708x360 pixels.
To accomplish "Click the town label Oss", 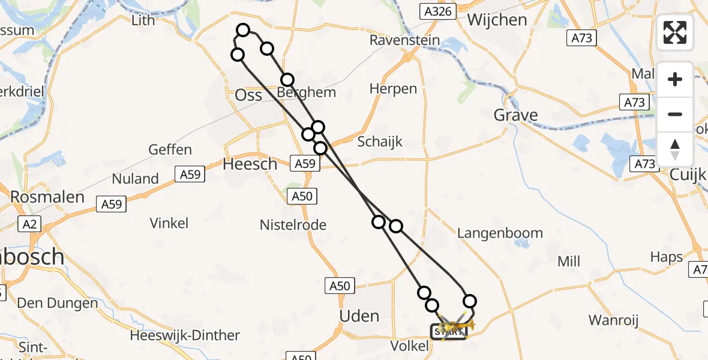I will click(x=248, y=95).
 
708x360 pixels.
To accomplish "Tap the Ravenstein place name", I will click(x=404, y=40).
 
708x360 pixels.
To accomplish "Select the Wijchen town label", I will click(x=497, y=20).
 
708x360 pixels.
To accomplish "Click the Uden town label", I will click(x=359, y=316).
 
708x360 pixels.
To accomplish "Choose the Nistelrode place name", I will click(x=293, y=225).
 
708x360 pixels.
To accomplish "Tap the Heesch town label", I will click(x=250, y=164).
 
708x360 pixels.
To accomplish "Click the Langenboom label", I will click(x=500, y=233).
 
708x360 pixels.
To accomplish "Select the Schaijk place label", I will click(x=380, y=142).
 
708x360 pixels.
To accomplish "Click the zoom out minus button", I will click(x=675, y=114).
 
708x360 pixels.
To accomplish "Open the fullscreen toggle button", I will click(x=675, y=32).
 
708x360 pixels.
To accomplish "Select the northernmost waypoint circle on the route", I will click(x=243, y=30).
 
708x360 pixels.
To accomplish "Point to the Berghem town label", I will click(x=307, y=93).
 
